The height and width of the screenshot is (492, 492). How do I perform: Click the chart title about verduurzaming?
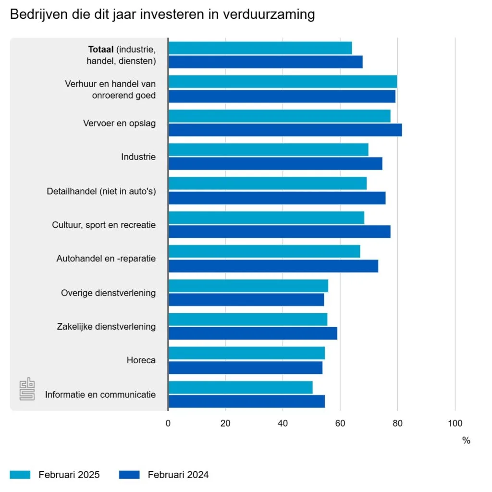(162, 15)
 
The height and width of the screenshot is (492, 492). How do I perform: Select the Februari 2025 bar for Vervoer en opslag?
(279, 116)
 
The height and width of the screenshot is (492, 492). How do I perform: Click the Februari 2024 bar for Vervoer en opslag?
(285, 130)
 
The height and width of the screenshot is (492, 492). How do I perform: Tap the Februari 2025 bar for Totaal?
(260, 48)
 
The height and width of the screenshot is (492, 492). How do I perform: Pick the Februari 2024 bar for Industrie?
(275, 164)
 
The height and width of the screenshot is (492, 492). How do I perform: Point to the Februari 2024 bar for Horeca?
(245, 368)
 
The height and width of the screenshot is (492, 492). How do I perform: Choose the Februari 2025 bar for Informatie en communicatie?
(240, 387)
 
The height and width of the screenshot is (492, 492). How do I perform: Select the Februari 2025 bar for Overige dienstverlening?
(248, 286)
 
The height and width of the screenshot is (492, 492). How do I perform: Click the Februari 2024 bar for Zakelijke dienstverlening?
(253, 333)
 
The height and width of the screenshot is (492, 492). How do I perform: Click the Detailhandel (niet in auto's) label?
(101, 191)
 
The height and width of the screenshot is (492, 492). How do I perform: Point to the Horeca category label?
(141, 360)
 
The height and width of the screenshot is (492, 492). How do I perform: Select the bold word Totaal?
(100, 49)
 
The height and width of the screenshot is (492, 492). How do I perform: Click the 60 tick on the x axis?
(340, 423)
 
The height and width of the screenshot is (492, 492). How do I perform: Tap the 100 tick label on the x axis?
(455, 423)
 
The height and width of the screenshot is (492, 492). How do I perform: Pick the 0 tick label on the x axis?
(168, 423)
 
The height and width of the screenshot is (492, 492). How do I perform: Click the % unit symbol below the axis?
(466, 441)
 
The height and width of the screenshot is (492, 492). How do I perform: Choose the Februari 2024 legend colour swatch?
(129, 475)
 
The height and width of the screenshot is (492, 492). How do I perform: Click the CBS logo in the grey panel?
(27, 389)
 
